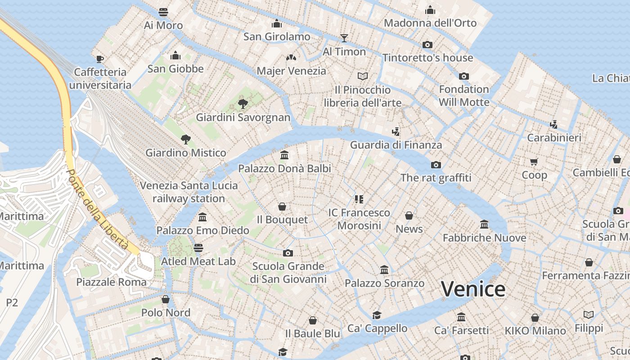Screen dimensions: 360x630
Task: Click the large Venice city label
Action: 473,289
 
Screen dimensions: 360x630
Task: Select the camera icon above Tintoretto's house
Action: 427,45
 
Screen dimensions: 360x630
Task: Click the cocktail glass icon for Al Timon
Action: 344,38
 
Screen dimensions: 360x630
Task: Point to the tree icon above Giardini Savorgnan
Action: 243,104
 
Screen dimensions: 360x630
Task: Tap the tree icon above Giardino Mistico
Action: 185,139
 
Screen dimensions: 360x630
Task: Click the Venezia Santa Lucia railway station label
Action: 189,192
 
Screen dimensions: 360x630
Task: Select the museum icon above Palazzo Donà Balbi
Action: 284,155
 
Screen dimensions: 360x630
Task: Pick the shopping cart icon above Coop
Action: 534,162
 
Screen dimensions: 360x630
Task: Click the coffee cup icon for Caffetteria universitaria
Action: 100,58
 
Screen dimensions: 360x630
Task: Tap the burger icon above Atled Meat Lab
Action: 198,247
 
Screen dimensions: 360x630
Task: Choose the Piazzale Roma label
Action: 111,282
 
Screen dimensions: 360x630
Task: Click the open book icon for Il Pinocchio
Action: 363,76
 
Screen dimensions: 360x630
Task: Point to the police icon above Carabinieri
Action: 554,124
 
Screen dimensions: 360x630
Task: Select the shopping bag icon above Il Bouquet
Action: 282,207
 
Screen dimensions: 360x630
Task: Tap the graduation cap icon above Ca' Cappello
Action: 377,315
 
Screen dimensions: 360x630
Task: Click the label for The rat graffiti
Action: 436,178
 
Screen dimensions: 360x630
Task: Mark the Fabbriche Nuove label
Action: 484,238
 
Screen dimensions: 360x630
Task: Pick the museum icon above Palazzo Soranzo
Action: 384,270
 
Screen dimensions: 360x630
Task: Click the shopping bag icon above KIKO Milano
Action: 535,318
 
